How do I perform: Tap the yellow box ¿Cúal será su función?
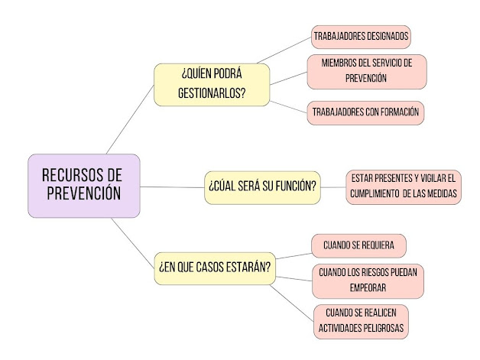pos(263,186)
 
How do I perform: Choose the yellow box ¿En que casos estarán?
pos(215,268)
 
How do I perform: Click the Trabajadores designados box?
pos(361,35)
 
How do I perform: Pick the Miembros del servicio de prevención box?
pos(366,71)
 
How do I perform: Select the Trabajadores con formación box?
pos(365,112)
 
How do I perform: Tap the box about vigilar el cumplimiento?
pos(403,186)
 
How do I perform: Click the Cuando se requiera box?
pos(358,245)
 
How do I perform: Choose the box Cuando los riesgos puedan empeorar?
pos(369,280)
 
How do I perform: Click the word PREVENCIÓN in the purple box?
pos(84,193)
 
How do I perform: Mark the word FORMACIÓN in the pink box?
pos(394,112)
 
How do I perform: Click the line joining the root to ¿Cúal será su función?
pos(172,186)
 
